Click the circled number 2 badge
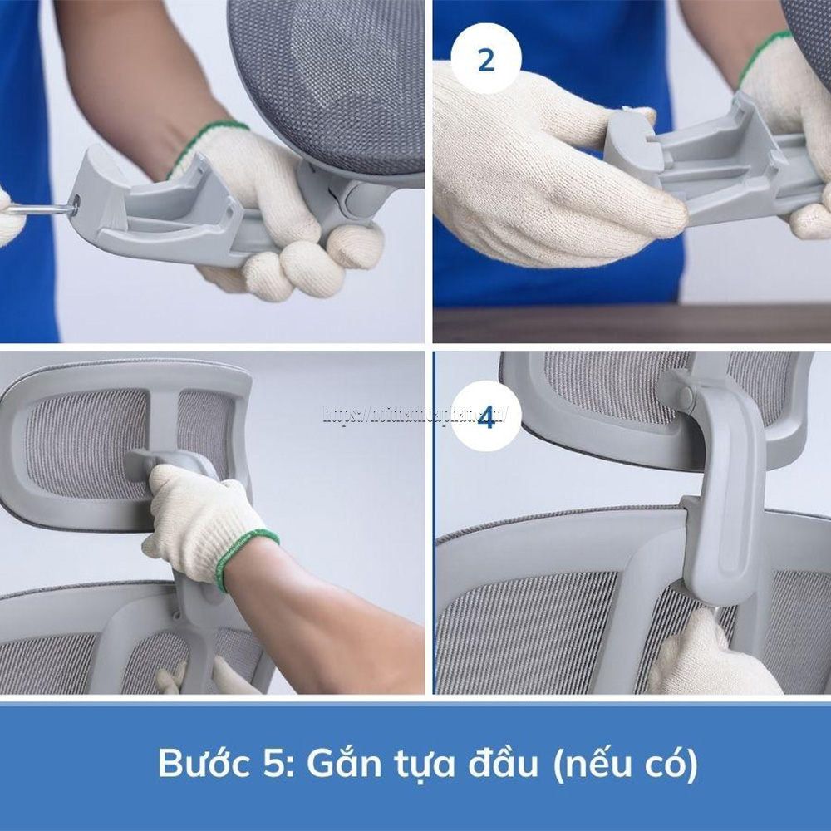tap(486, 60)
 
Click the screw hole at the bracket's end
tap(76, 202)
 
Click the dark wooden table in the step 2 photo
tap(632, 324)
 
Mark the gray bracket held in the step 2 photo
tap(715, 166)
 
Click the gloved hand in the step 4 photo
tap(706, 656)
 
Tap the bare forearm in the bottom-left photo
tap(332, 607)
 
